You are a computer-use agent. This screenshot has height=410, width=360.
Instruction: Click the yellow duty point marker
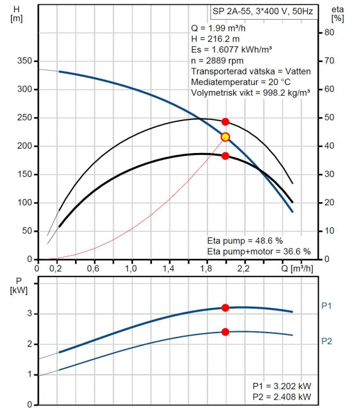point(225,136)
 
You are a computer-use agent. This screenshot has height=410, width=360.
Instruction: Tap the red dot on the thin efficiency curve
point(225,122)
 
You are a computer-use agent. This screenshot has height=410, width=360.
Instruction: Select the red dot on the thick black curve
point(225,156)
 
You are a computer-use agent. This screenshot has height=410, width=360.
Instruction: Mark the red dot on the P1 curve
point(225,308)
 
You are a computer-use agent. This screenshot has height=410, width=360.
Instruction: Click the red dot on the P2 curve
point(225,332)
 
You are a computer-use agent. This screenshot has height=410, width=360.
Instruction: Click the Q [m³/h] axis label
point(297,269)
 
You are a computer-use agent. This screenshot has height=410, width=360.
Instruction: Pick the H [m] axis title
point(17,14)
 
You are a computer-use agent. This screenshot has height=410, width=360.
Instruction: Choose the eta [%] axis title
point(337,14)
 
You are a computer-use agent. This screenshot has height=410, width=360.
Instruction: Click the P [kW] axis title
point(18,286)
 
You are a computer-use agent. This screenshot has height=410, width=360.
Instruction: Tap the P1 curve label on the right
point(326,306)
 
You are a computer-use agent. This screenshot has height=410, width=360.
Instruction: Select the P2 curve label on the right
point(327,341)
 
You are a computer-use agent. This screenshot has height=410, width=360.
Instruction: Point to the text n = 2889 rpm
point(217,61)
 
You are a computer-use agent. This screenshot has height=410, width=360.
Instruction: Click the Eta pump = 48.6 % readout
point(245,240)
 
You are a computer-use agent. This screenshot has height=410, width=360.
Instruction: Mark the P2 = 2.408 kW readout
point(282,396)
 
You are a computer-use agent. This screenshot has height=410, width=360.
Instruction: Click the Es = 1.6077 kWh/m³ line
point(231,50)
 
